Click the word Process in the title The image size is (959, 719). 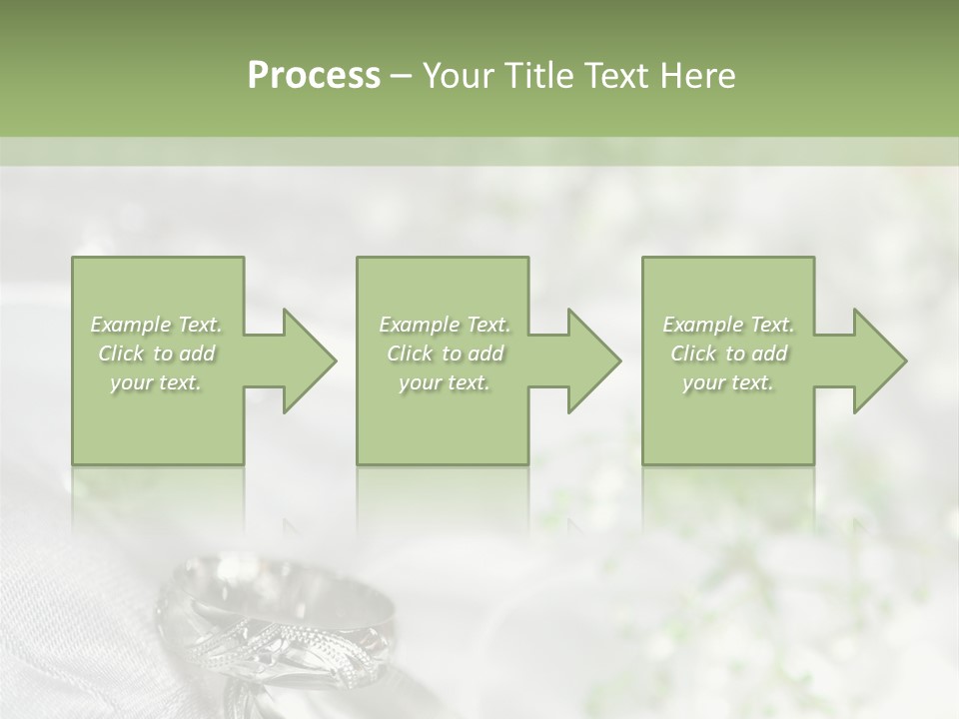(x=314, y=76)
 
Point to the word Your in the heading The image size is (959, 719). (x=458, y=76)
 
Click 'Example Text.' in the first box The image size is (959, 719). (x=157, y=325)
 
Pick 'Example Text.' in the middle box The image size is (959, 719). (x=445, y=325)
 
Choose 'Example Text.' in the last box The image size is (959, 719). (x=728, y=325)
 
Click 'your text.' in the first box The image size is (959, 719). (x=157, y=382)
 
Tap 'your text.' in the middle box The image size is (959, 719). (x=445, y=382)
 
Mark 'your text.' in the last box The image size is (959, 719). (x=728, y=382)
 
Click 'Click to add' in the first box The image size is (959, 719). (x=157, y=354)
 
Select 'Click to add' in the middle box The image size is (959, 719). (x=445, y=354)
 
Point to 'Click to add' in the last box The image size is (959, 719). (x=728, y=354)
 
